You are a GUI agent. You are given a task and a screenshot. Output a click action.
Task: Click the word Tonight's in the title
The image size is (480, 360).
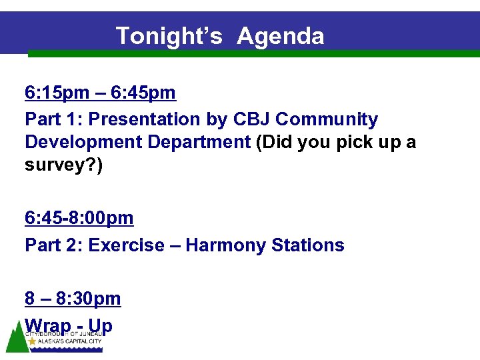point(169,35)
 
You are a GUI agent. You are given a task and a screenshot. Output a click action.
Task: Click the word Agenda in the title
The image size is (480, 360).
point(280,35)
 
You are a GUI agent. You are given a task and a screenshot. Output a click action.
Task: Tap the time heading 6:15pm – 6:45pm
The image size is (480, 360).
point(100,92)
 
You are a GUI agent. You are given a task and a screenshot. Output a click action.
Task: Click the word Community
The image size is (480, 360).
point(327,119)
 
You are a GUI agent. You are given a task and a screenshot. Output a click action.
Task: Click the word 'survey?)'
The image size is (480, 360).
point(64,165)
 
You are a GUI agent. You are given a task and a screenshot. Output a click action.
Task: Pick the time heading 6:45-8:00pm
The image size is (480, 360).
point(79,218)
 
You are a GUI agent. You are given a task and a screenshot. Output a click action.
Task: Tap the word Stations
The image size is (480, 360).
point(307,245)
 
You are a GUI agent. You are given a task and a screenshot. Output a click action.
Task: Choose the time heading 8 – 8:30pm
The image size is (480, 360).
point(73,299)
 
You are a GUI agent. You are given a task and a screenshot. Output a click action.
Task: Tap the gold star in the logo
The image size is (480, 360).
point(31,341)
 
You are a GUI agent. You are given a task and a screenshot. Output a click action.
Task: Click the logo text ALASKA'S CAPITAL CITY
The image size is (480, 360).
point(69,341)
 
